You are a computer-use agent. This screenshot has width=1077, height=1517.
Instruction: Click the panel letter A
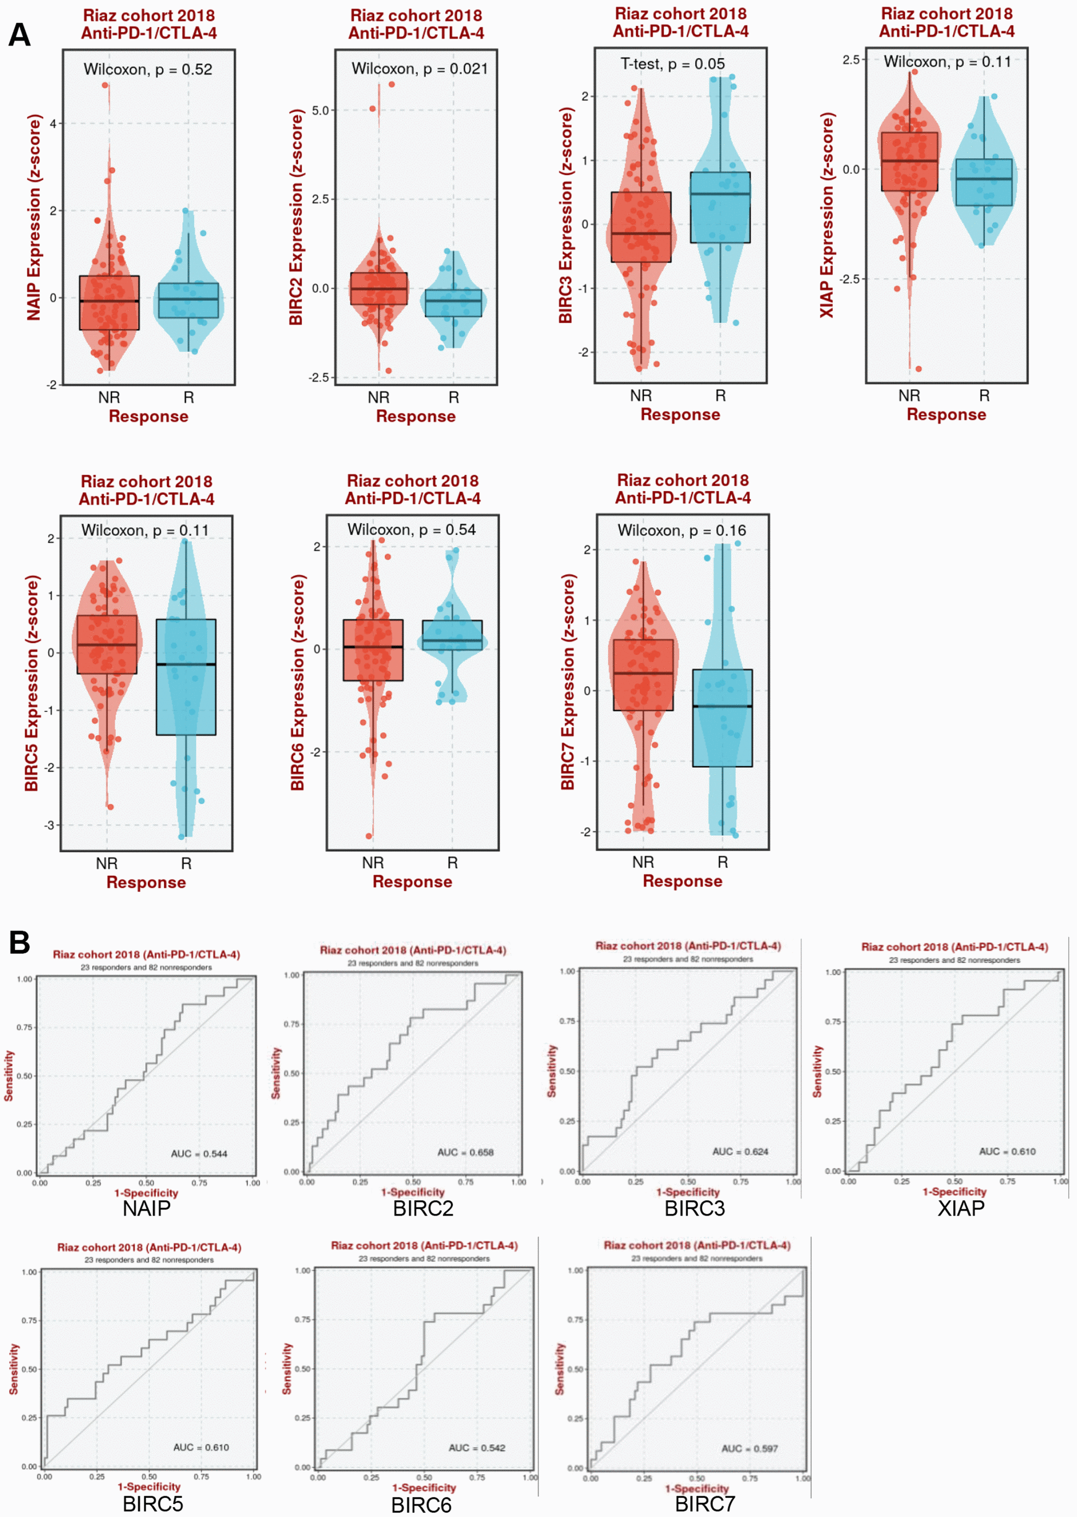19,35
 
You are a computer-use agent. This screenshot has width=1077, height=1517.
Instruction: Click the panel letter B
19,942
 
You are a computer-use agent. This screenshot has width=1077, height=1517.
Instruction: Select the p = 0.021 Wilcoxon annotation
419,69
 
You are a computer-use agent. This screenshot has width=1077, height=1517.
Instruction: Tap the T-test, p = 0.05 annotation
672,64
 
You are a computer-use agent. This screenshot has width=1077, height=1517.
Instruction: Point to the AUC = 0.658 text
465,1153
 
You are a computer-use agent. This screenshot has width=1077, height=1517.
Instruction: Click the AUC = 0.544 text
199,1154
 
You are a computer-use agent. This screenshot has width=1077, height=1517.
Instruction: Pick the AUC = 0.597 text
749,1448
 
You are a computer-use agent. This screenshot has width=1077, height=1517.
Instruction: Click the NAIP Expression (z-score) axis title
34,218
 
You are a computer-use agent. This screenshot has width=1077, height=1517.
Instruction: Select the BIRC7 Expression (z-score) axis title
568,682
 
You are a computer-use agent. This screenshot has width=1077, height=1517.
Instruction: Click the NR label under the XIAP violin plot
909,396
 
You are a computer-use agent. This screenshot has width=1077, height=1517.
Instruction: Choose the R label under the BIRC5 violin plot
186,863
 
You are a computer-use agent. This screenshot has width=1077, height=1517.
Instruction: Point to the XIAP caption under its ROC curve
960,1208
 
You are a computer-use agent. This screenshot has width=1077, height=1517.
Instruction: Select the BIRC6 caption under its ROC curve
421,1505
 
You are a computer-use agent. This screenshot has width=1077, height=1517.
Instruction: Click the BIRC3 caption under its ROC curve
694,1208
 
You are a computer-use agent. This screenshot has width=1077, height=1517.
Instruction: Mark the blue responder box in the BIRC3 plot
720,208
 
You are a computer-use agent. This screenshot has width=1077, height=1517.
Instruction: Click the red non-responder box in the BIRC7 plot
642,675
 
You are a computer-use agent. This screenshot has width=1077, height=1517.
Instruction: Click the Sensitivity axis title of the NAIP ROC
9,1075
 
